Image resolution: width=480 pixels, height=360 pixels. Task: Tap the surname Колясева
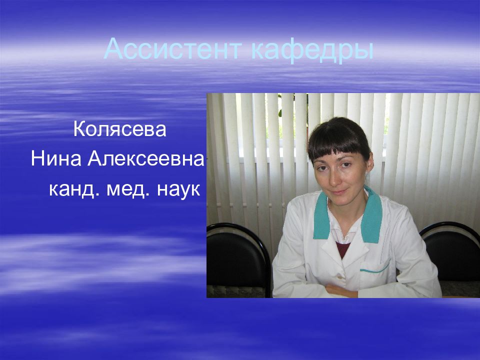[119, 129]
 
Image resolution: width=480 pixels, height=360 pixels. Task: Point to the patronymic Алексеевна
[147, 159]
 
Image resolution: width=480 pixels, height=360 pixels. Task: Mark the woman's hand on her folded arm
[340, 290]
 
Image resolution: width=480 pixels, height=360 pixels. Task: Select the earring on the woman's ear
[365, 172]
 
